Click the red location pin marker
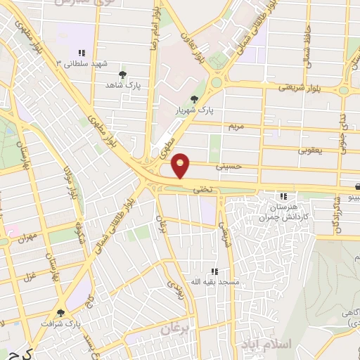pyautogui.click(x=181, y=165)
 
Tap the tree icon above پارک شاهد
pyautogui.click(x=123, y=73)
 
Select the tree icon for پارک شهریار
pyautogui.click(x=195, y=99)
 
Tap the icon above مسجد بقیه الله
pyautogui.click(x=214, y=271)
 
